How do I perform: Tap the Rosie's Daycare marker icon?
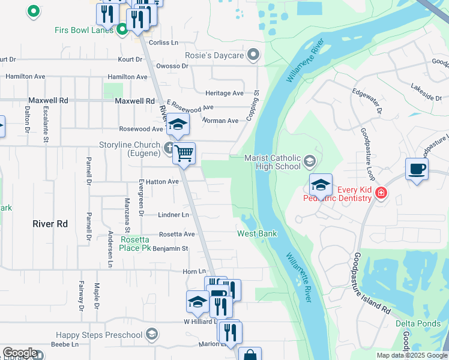point(253,56)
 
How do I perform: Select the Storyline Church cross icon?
point(169,146)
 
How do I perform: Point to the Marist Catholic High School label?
point(272,163)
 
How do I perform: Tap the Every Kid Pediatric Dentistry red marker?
point(381,193)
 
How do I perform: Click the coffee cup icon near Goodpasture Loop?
point(417,169)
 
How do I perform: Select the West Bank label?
point(257,233)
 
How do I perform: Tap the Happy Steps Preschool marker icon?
point(152,334)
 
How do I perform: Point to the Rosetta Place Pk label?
point(135,244)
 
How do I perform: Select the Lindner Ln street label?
point(173,215)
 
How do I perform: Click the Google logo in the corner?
point(19,353)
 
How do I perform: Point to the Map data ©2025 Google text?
point(412,355)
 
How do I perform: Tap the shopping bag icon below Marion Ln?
point(250,354)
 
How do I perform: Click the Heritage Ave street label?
point(224,94)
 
